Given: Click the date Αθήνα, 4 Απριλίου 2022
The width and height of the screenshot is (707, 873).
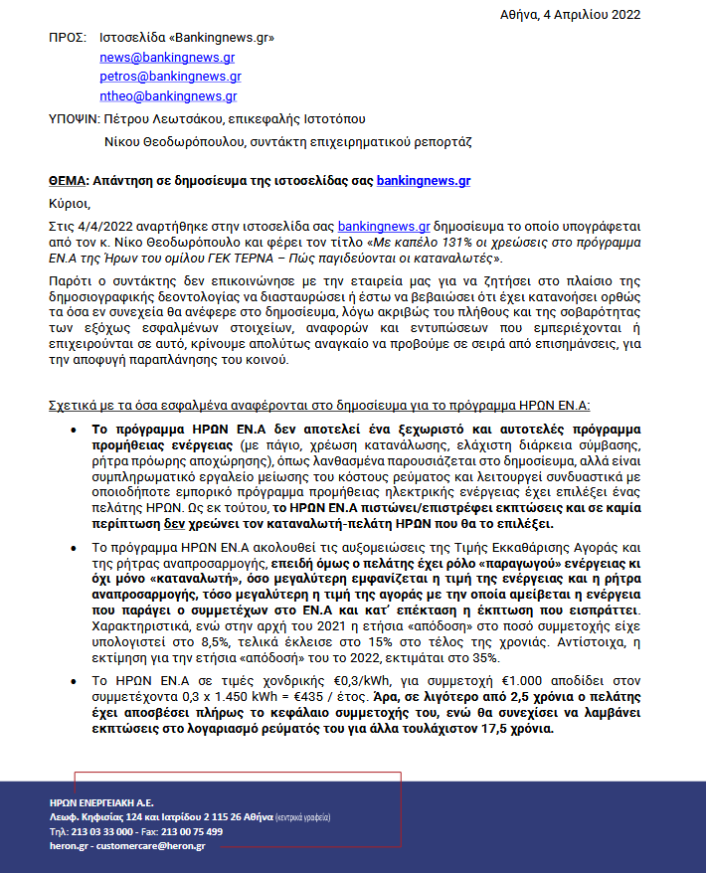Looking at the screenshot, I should point(570,15).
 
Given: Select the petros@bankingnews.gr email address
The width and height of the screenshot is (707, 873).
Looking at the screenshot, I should point(170,77).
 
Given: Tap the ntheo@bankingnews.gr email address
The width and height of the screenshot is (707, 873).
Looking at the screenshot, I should point(168,96).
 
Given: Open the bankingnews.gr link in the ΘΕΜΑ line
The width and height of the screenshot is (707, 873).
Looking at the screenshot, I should point(424,181).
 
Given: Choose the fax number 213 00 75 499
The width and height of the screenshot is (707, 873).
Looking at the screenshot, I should point(192,831).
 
